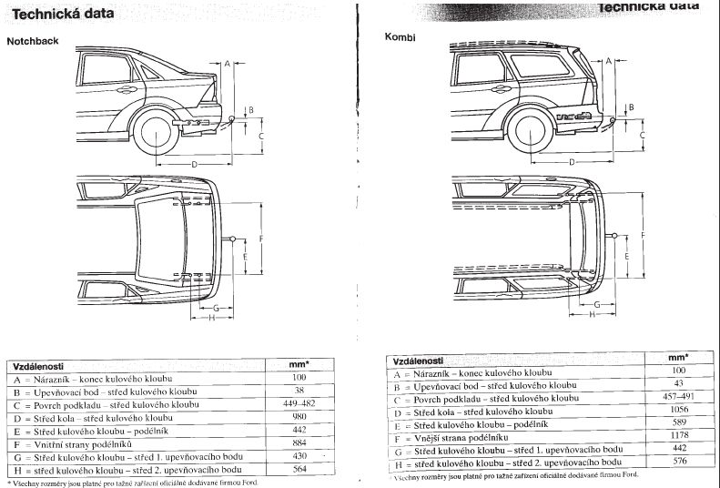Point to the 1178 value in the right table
(x=676, y=436)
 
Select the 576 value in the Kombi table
(x=676, y=462)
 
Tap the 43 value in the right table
(x=676, y=384)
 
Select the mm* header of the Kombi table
(x=676, y=358)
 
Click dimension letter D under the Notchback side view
(x=195, y=163)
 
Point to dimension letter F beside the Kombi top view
(x=643, y=236)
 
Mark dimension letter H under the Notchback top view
(x=210, y=317)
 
